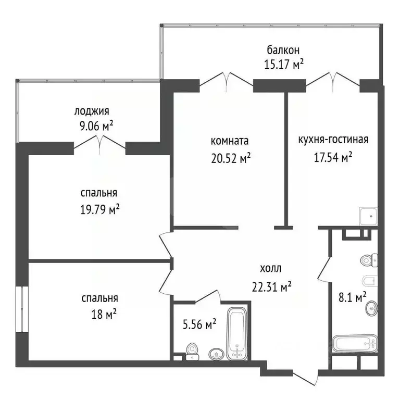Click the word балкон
[x=283, y=50]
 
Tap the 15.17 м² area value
[x=284, y=64]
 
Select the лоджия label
[x=92, y=111]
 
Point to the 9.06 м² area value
[x=96, y=126]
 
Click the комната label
[x=230, y=141]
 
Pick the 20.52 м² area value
[x=231, y=158]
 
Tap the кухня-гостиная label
[x=333, y=140]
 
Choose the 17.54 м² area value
[x=333, y=157]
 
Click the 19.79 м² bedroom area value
[x=100, y=210]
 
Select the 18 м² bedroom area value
[x=104, y=314]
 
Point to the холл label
[x=270, y=268]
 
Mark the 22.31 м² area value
[x=272, y=287]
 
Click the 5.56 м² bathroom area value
[x=199, y=324]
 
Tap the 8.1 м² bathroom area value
[x=353, y=297]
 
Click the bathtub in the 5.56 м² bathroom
[x=237, y=334]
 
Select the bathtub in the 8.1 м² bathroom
[x=355, y=343]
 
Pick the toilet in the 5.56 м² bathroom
[x=192, y=352]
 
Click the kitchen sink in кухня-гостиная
[x=368, y=216]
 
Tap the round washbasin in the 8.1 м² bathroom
[x=372, y=308]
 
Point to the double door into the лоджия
[x=99, y=145]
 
